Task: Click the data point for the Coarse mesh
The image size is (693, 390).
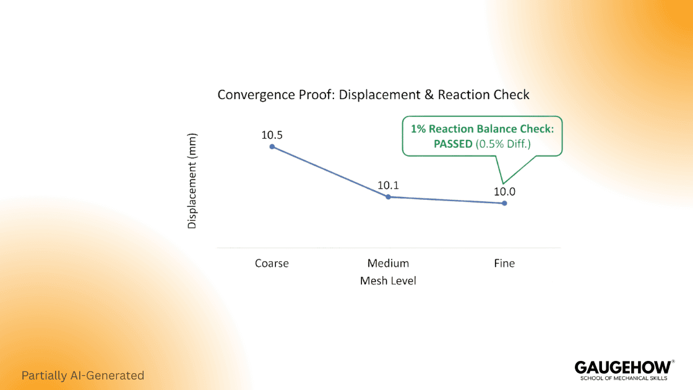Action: (272, 146)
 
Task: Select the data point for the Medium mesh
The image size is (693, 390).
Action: (388, 197)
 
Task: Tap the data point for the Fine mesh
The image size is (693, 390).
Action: (504, 203)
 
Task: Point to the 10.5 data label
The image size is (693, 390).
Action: (272, 134)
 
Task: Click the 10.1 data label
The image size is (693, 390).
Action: (389, 185)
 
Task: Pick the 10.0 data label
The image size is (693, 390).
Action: (504, 191)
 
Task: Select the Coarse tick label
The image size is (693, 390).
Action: (272, 263)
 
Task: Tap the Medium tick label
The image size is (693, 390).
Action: (388, 263)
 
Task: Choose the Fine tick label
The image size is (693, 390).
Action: (504, 263)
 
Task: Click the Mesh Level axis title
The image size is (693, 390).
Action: (388, 281)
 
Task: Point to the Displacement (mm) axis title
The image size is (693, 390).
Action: (192, 181)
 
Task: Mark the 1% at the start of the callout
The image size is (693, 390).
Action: (418, 129)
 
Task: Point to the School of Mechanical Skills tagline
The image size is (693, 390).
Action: (623, 378)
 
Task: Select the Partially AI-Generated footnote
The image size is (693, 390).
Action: (82, 375)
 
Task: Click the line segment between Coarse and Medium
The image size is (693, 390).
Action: (330, 171)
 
